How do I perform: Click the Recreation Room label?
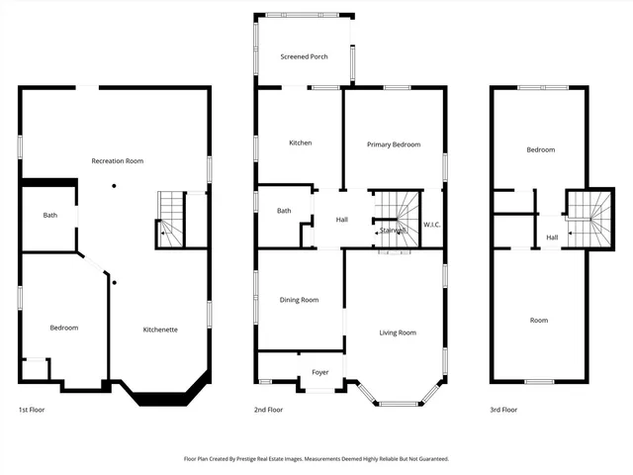click(x=118, y=161)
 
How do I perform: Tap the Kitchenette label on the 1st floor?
click(x=160, y=329)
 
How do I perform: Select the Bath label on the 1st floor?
click(x=49, y=215)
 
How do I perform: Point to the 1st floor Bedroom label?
click(x=64, y=328)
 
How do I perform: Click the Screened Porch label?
click(x=304, y=57)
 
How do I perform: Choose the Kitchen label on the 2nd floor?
click(x=301, y=143)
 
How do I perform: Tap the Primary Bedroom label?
click(x=394, y=144)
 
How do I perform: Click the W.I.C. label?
click(x=432, y=225)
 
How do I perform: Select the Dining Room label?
click(x=299, y=300)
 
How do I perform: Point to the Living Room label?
click(x=398, y=332)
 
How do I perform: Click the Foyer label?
click(x=320, y=372)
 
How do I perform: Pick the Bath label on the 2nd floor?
click(x=284, y=210)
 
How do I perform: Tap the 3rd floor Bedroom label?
click(x=540, y=150)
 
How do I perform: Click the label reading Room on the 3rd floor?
click(x=539, y=320)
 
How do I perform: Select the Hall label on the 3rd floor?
click(x=552, y=237)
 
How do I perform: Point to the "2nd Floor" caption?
click(x=268, y=410)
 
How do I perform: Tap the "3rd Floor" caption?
click(x=503, y=410)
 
